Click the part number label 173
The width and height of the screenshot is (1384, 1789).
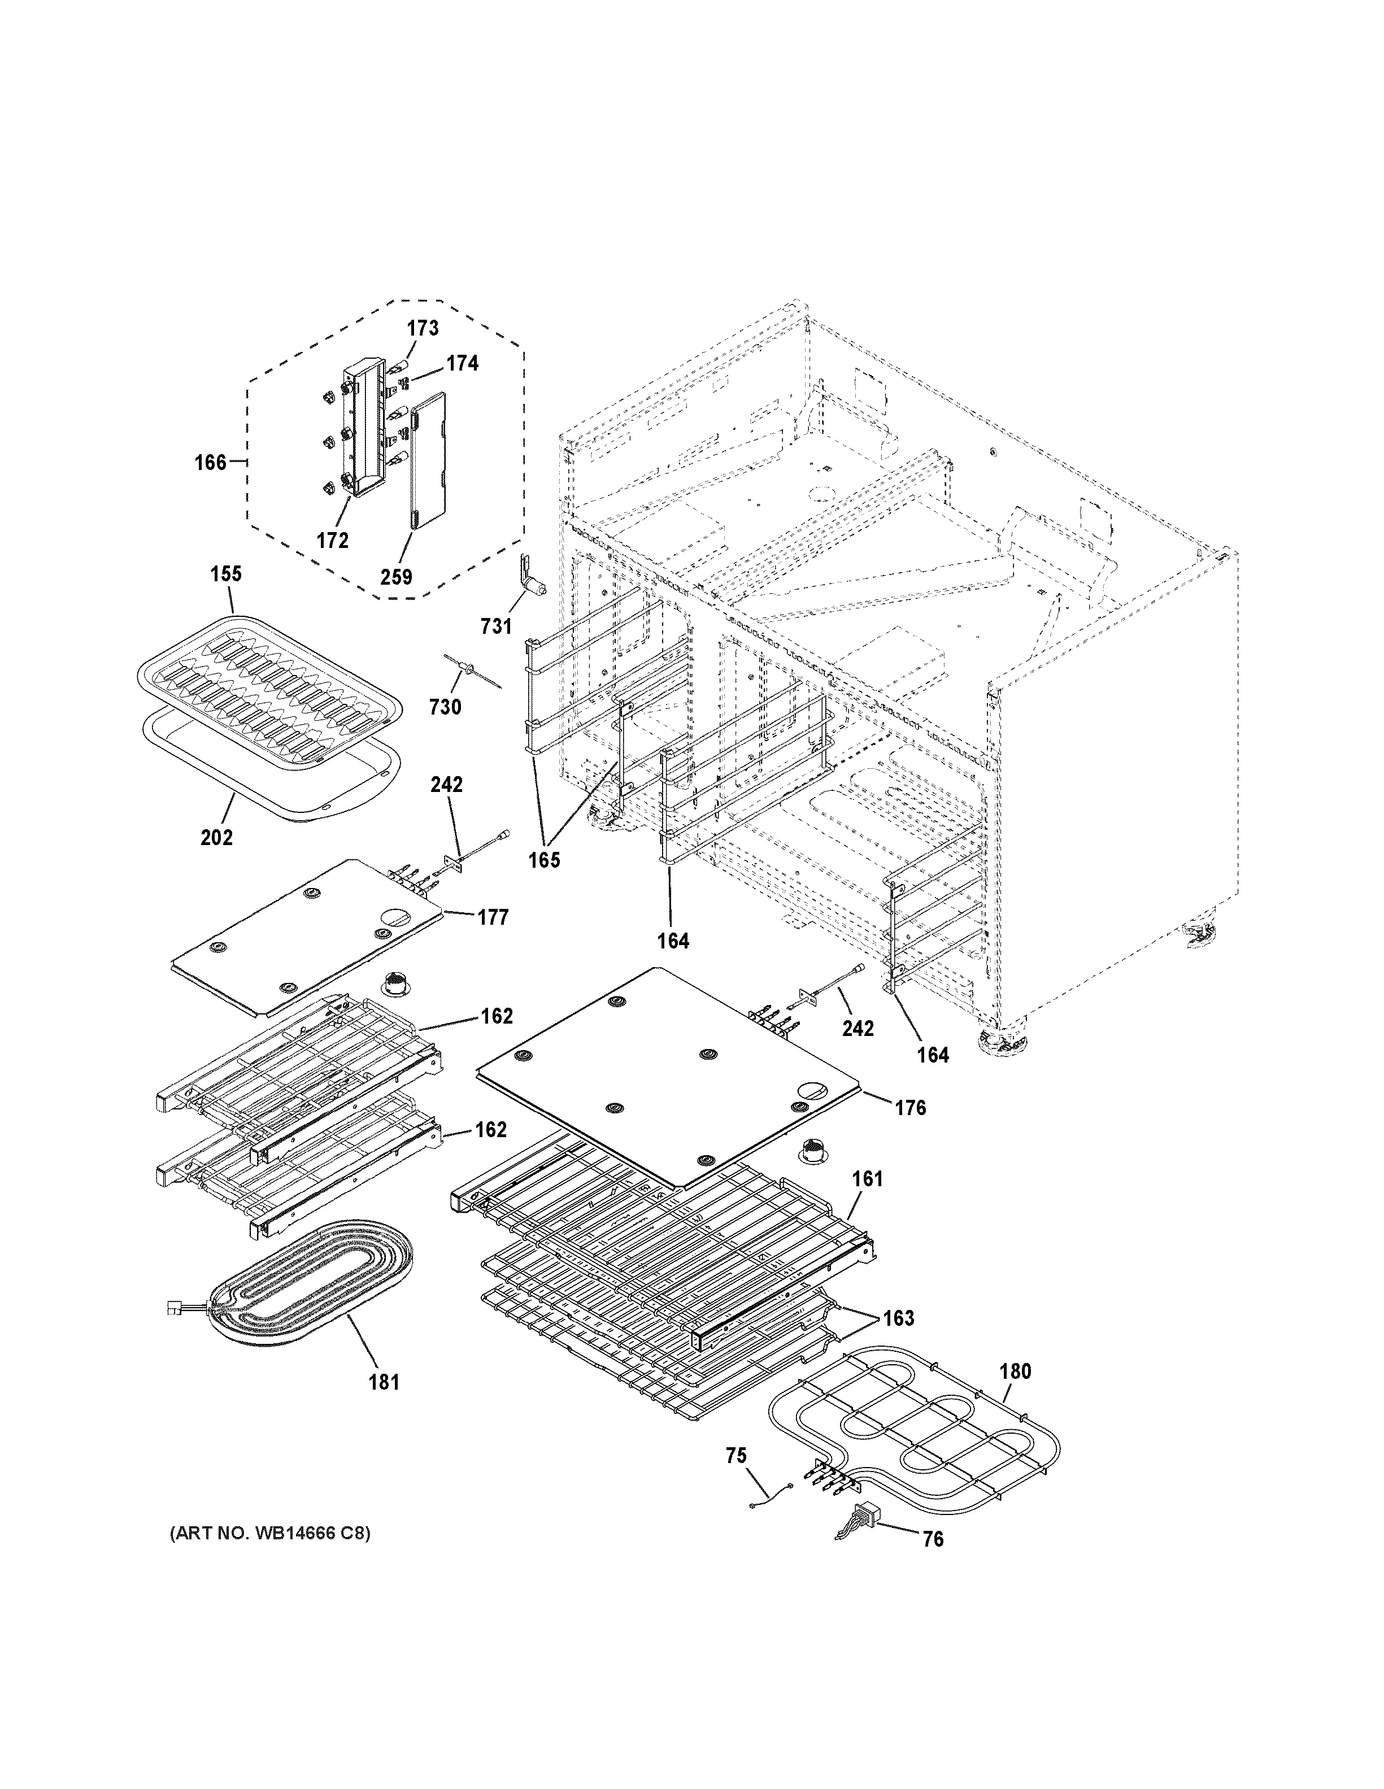coord(423,328)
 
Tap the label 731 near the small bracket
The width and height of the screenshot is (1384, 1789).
coord(497,626)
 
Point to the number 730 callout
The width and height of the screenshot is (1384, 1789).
coord(446,706)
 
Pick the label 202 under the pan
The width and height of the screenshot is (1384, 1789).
coord(216,838)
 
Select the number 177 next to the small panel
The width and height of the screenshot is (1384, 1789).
coord(493,917)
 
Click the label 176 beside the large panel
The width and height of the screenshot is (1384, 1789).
coord(910,1108)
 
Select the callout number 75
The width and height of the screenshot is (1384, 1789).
coord(736,1456)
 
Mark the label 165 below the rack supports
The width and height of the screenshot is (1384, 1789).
coord(544,860)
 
